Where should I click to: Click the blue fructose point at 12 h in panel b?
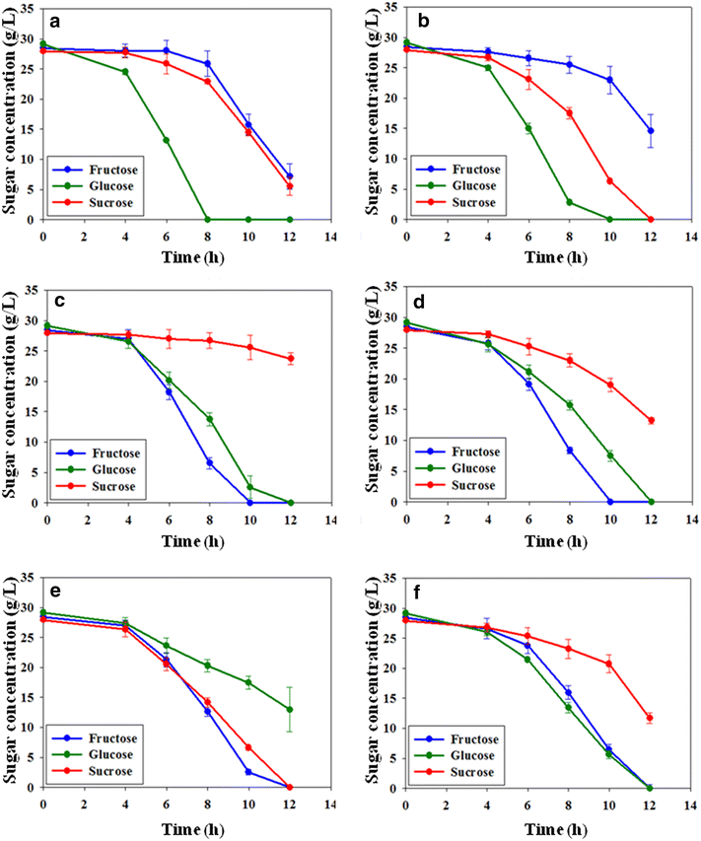(x=651, y=130)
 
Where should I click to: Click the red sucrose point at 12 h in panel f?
(x=651, y=718)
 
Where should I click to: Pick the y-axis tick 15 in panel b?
(x=391, y=128)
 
